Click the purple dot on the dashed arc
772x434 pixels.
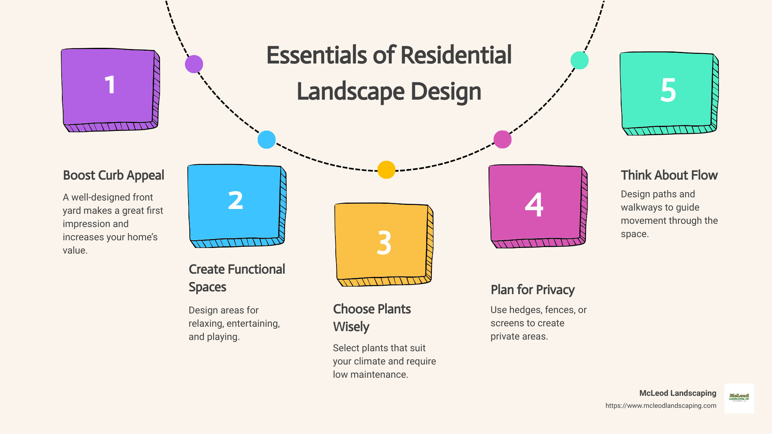point(194,64)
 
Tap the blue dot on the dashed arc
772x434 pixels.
point(267,140)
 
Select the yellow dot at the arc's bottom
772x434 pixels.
point(386,170)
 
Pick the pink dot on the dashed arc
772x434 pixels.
point(503,139)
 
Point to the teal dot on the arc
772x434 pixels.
point(579,60)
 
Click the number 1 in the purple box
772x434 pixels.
point(110,85)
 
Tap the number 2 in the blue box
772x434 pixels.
point(236,200)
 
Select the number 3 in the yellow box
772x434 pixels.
point(384,243)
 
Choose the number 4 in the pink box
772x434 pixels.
point(534,205)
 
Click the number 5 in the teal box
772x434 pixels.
point(668,90)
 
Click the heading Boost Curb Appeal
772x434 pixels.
point(113,175)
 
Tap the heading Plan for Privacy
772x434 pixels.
point(532,290)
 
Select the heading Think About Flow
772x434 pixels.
point(669,175)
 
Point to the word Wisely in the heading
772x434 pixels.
point(351,327)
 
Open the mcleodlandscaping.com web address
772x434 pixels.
point(661,405)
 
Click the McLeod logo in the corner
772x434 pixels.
point(739,398)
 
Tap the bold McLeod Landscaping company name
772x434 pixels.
point(678,393)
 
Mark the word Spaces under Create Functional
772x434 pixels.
point(207,287)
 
